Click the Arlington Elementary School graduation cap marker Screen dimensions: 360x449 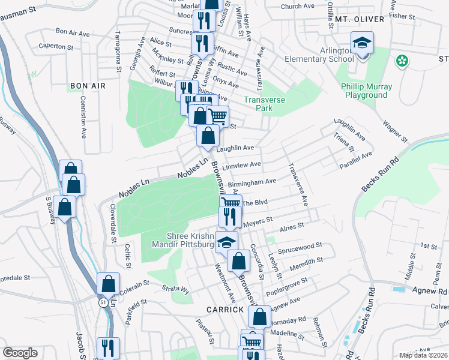tap(362, 44)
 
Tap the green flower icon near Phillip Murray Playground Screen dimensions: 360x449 tap(402, 61)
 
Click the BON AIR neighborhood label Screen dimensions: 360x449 tap(88, 86)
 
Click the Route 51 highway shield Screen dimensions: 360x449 tap(103, 304)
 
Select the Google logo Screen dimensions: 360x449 tap(20, 353)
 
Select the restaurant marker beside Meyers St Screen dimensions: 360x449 tap(229, 217)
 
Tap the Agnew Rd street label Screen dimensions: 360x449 tap(430, 290)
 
